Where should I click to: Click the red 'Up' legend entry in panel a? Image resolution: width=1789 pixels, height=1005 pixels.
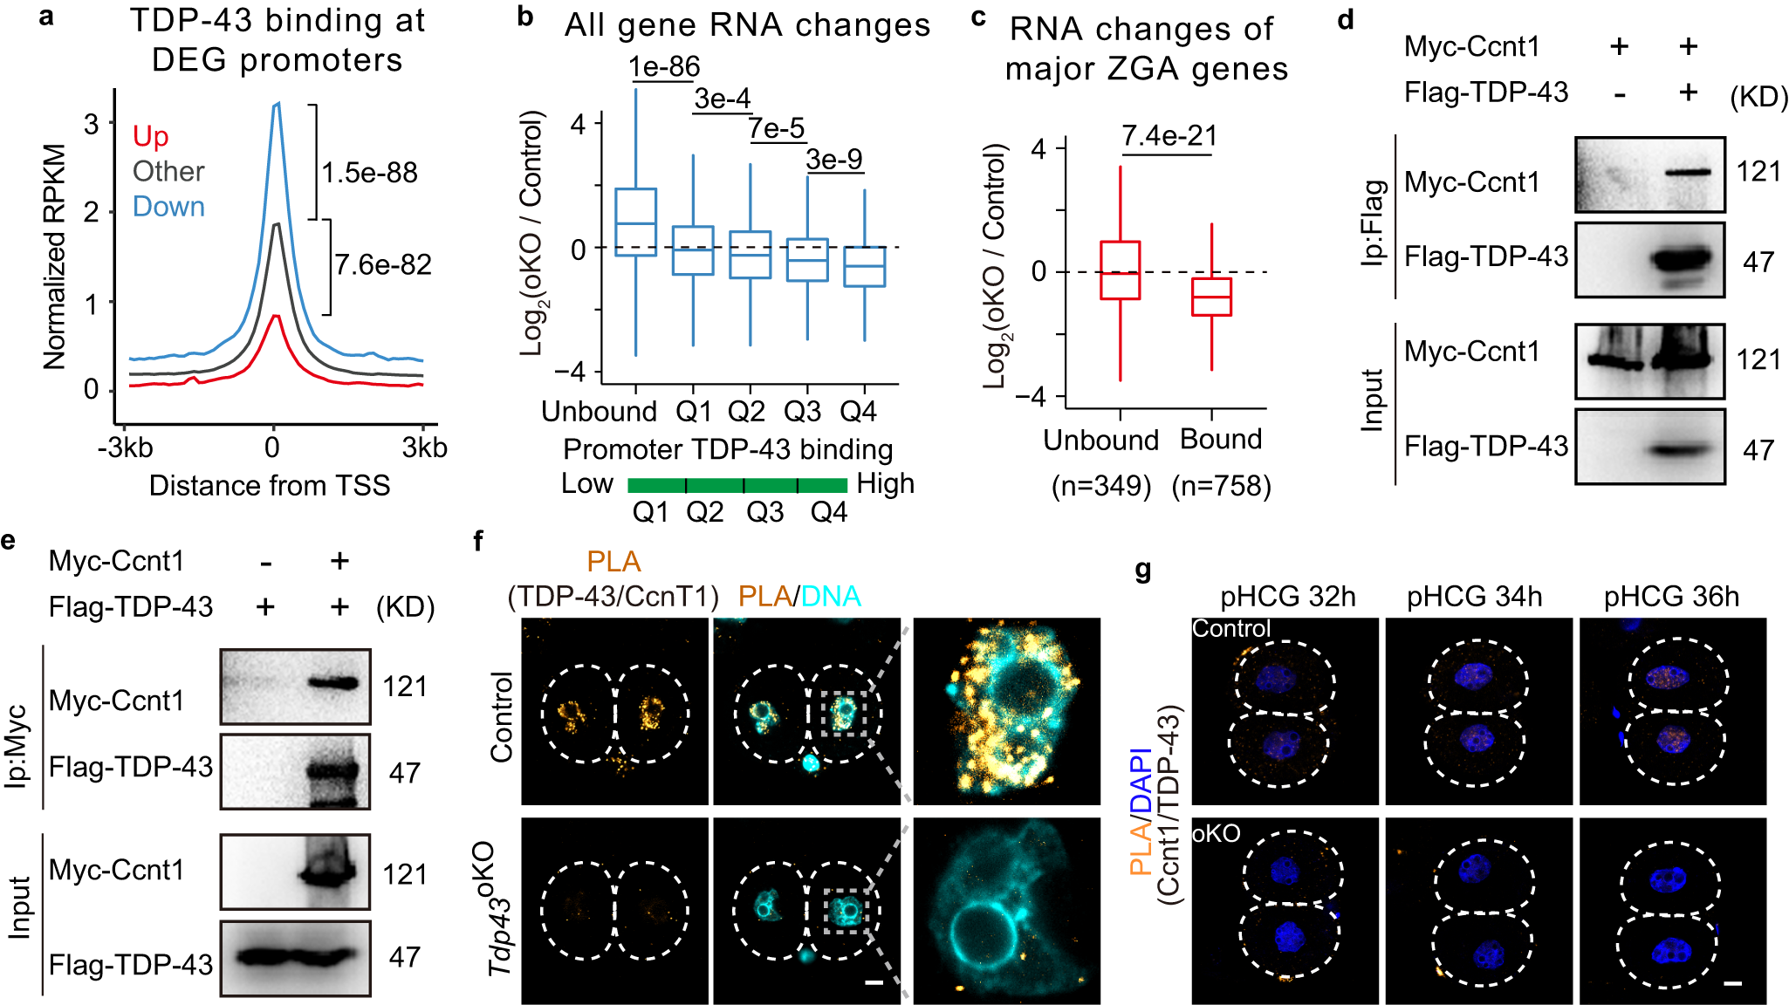(x=150, y=136)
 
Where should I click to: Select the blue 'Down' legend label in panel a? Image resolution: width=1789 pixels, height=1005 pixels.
(x=168, y=207)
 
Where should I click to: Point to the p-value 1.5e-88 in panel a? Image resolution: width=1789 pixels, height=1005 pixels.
(x=369, y=173)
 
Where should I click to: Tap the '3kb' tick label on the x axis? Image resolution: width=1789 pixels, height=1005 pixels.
(x=424, y=448)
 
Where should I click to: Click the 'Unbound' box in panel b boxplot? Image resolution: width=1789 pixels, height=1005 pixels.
(x=635, y=222)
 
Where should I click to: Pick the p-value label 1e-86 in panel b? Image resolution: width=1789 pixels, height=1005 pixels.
(x=664, y=66)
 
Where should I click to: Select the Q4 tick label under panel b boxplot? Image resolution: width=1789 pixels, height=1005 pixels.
(x=858, y=411)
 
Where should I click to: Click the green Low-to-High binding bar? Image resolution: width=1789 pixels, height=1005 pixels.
(x=737, y=485)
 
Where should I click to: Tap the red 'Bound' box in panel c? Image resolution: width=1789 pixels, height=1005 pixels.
(x=1211, y=297)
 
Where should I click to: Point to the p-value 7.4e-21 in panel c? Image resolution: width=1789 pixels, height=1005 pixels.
(x=1169, y=136)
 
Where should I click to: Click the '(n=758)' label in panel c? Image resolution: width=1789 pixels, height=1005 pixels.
(x=1221, y=485)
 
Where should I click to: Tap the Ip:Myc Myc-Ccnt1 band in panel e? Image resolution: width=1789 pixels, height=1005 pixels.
(x=334, y=684)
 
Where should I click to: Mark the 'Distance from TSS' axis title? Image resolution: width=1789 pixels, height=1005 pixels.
(x=270, y=485)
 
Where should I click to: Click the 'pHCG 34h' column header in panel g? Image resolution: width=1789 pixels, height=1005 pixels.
(x=1474, y=597)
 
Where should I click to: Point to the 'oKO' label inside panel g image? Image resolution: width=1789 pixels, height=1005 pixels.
(x=1216, y=834)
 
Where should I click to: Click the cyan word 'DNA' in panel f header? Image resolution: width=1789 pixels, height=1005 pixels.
(x=830, y=597)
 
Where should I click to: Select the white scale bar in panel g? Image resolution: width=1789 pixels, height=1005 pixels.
(x=1733, y=983)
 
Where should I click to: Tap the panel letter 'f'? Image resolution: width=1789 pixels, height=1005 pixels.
(x=478, y=542)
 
